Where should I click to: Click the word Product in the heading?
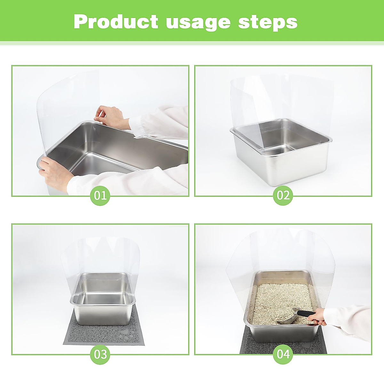(116, 22)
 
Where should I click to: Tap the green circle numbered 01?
(100, 195)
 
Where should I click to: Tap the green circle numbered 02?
(283, 195)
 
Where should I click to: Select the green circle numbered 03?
(100, 354)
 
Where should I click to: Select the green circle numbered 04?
(283, 354)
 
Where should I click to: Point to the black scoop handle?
(306, 313)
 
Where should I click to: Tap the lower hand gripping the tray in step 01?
(54, 173)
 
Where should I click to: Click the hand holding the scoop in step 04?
(322, 317)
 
